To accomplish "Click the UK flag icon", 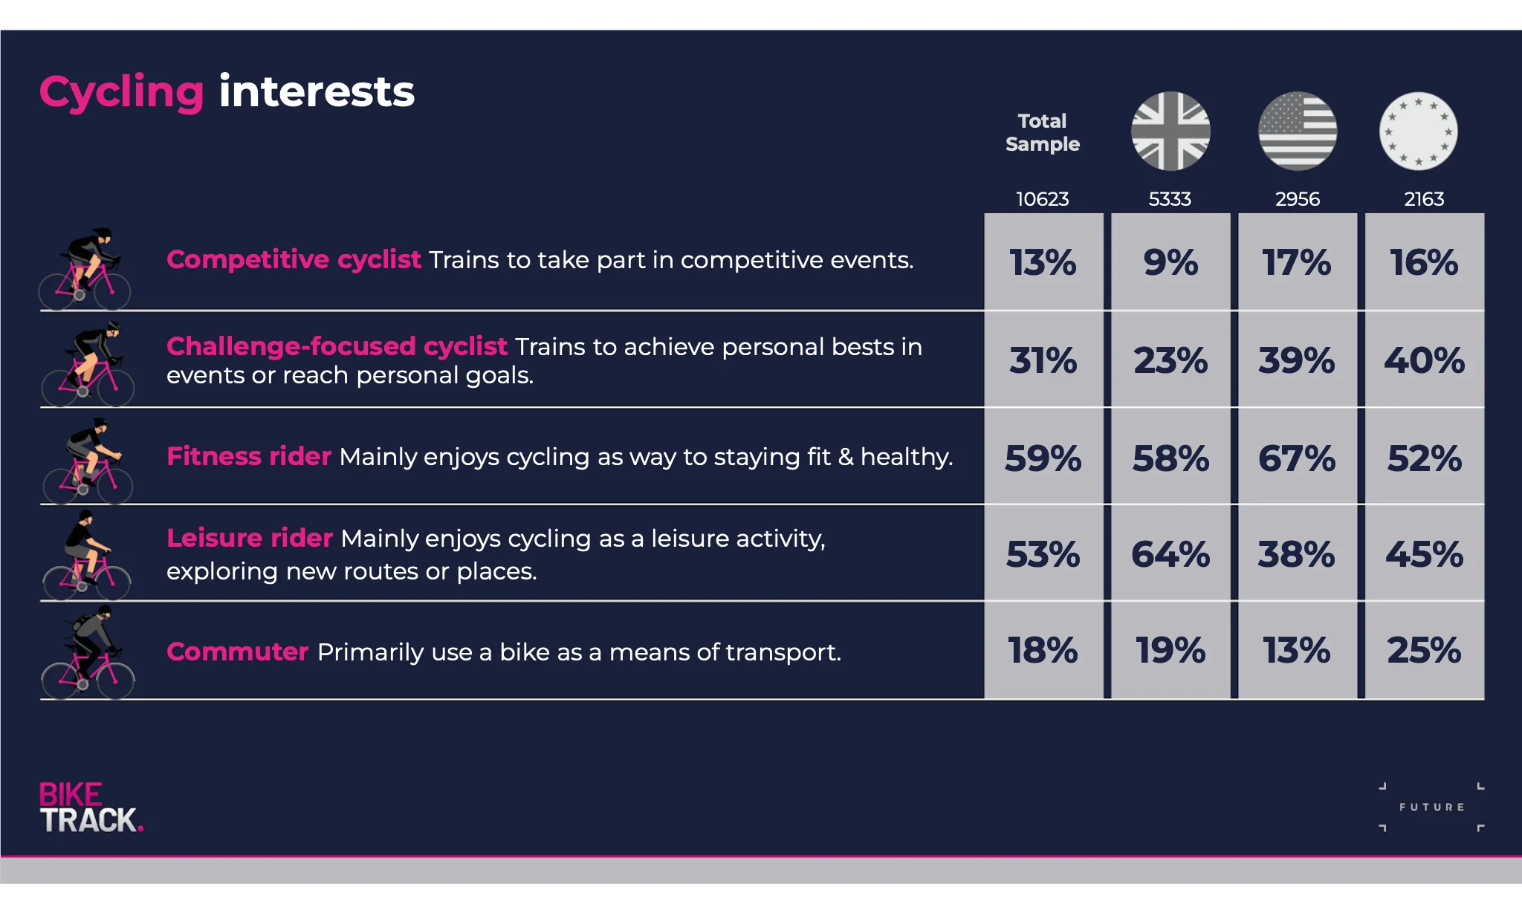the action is pyautogui.click(x=1170, y=131).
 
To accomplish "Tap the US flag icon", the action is pyautogui.click(x=1298, y=131).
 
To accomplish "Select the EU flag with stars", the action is pyautogui.click(x=1418, y=131).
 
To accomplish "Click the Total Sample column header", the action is pyautogui.click(x=1042, y=132).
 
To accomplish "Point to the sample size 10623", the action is pyautogui.click(x=1042, y=199).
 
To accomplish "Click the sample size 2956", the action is pyautogui.click(x=1298, y=199).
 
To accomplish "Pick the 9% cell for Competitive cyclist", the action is pyautogui.click(x=1170, y=262).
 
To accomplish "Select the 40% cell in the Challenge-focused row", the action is pyautogui.click(x=1425, y=360).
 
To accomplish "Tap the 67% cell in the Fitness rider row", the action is pyautogui.click(x=1298, y=458).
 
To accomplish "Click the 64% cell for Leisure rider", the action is pyautogui.click(x=1170, y=554).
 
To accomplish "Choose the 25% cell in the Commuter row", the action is pyautogui.click(x=1425, y=651).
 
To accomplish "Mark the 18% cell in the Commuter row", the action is pyautogui.click(x=1043, y=651).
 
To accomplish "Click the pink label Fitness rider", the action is pyautogui.click(x=249, y=456).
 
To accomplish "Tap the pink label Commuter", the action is pyautogui.click(x=237, y=652).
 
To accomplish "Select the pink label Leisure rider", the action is pyautogui.click(x=250, y=538).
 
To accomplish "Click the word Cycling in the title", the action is pyautogui.click(x=121, y=94).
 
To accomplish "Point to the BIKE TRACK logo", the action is pyautogui.click(x=91, y=807).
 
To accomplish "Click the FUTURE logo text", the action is pyautogui.click(x=1431, y=807).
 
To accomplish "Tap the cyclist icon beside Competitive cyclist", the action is pyautogui.click(x=85, y=269).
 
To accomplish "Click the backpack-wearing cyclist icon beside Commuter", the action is pyautogui.click(x=88, y=652).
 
